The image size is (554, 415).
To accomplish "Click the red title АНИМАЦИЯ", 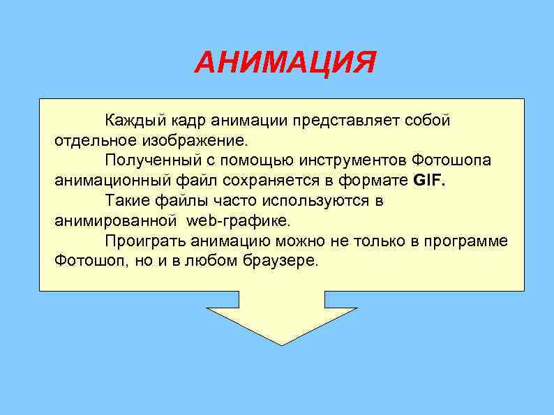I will pos(285,63).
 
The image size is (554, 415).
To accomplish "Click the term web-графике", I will pos(237,221).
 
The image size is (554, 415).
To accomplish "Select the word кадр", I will pos(184,120).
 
